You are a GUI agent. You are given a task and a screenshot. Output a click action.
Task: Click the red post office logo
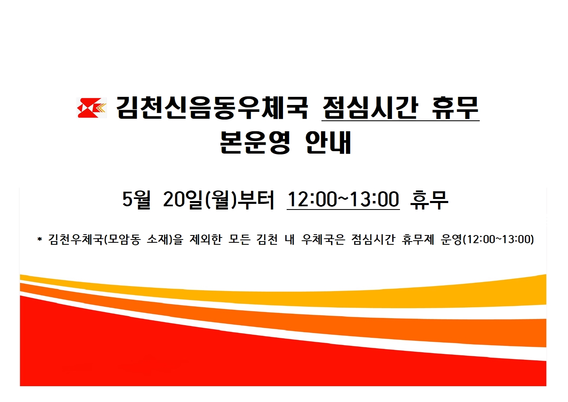pos(92,108)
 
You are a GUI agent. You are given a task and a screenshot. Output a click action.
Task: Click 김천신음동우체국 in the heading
pos(212,108)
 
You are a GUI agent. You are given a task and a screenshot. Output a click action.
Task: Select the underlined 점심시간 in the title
pos(370,108)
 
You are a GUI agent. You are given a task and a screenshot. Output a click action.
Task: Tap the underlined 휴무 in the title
pos(455,108)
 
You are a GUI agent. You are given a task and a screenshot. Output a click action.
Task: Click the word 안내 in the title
pos(328,142)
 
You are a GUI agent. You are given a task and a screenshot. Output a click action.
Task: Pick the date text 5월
pos(136,199)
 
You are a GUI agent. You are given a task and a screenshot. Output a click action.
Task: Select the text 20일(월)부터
pos(219,199)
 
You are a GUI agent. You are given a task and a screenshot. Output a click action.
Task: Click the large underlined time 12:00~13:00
pos(343,199)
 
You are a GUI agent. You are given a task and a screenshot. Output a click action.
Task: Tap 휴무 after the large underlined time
pos(429,199)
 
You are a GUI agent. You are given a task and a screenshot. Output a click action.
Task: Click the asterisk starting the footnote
pos(40,240)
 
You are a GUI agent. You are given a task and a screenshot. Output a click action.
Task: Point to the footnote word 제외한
pos(206,239)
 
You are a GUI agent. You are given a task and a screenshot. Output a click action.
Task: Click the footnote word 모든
pos(239,239)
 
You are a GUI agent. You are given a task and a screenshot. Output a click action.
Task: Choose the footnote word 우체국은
pos(323,239)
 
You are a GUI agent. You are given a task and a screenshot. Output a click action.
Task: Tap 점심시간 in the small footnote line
pos(373,239)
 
